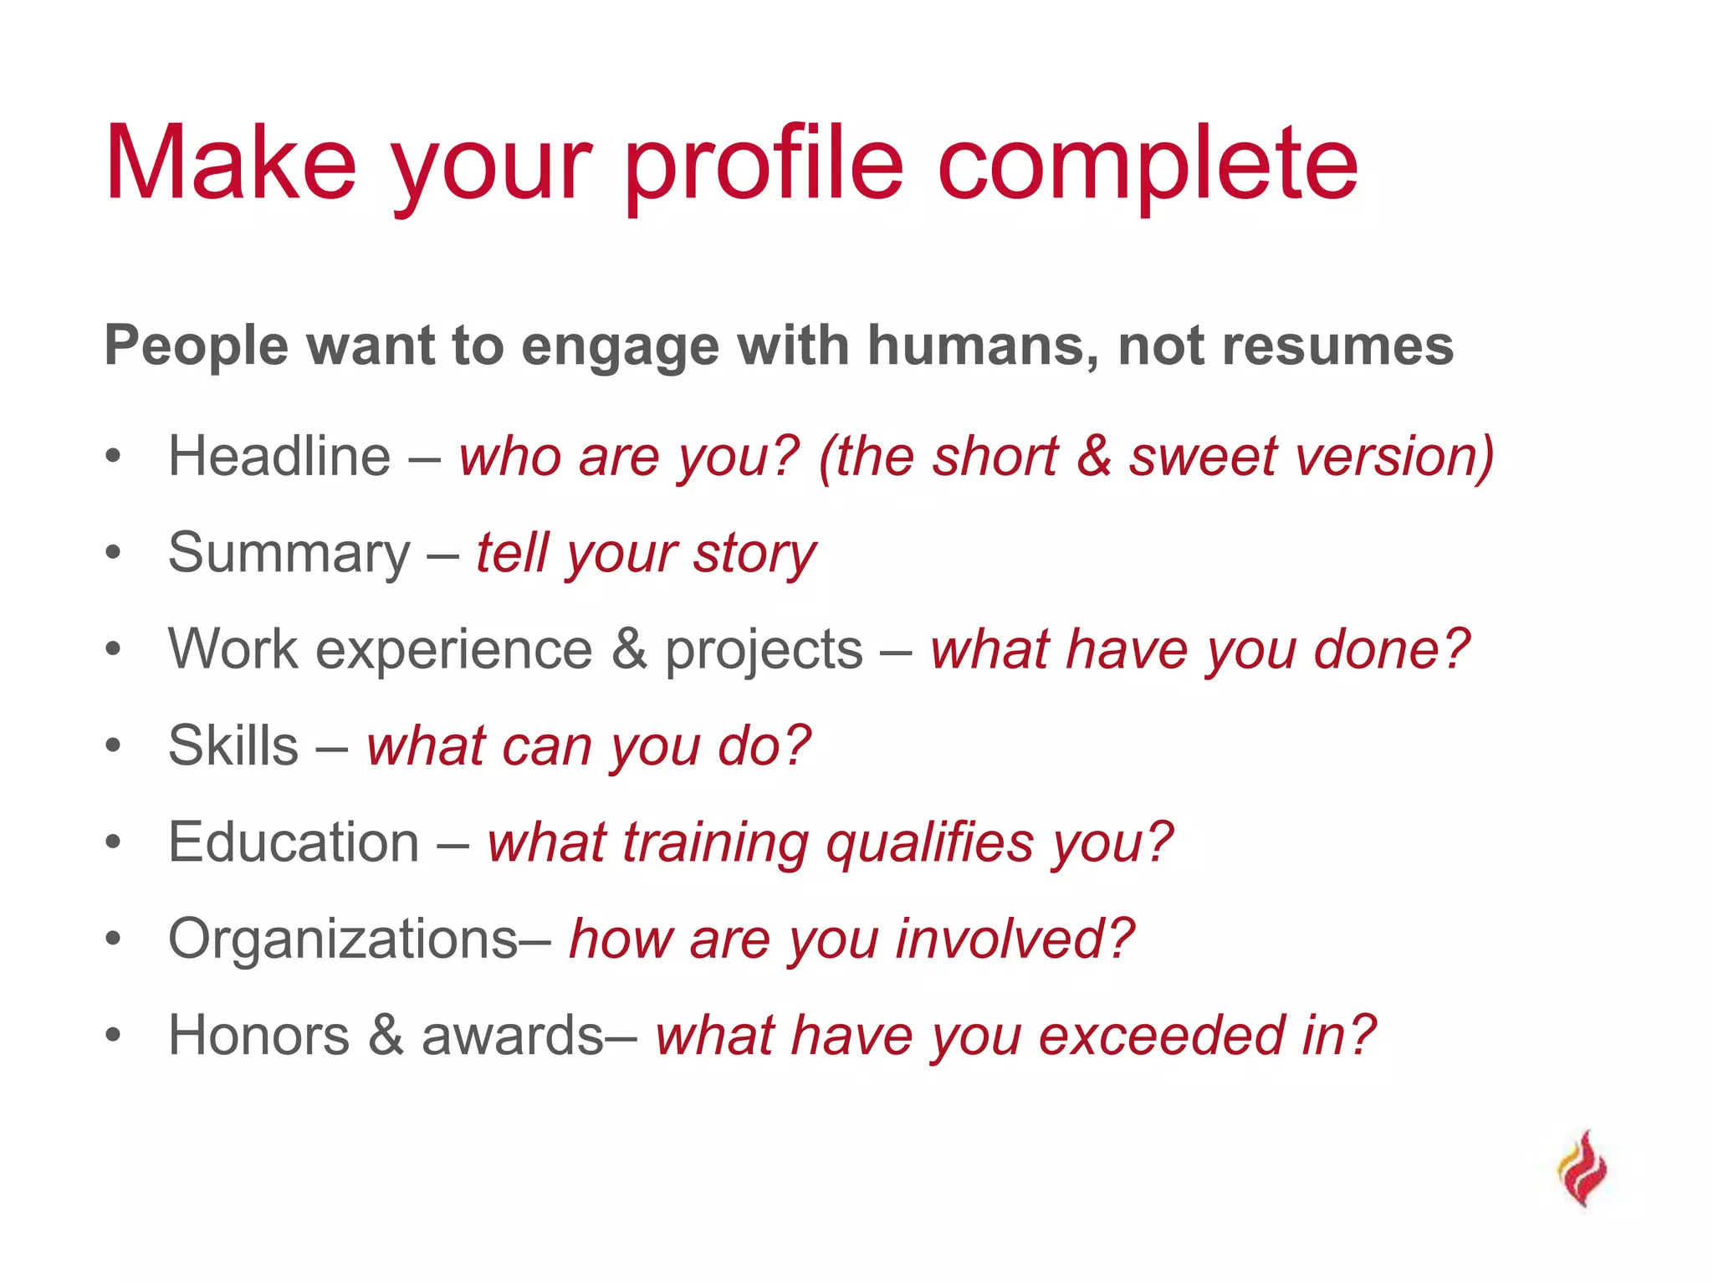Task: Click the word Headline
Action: (x=279, y=457)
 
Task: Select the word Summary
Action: (x=289, y=553)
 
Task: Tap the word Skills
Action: (x=233, y=745)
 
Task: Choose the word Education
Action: (x=294, y=842)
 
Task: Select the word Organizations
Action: (x=344, y=939)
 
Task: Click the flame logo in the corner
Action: (x=1583, y=1169)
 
